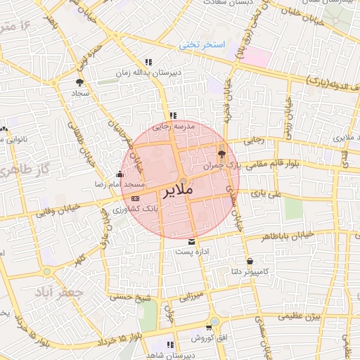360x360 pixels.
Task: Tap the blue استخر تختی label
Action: tap(202, 44)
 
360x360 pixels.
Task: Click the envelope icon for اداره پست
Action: tap(192, 241)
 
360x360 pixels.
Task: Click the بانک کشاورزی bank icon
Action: tap(135, 199)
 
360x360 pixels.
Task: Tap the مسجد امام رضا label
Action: tap(121, 184)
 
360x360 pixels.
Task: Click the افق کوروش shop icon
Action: tap(209, 328)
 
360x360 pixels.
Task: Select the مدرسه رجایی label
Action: tap(172, 127)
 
